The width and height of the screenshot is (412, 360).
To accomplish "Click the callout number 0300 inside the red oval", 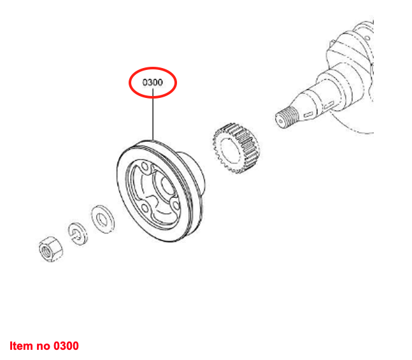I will (x=153, y=83).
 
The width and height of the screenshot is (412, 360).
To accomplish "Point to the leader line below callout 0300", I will (x=153, y=118).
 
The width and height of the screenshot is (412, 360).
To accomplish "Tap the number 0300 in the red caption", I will (x=66, y=346).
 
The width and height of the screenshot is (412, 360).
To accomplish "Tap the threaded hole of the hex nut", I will (x=48, y=249).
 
